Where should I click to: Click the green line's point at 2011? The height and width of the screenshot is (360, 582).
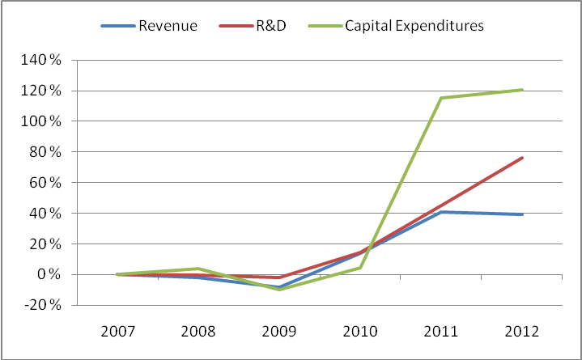click(x=442, y=98)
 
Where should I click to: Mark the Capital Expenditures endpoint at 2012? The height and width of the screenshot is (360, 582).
click(x=522, y=90)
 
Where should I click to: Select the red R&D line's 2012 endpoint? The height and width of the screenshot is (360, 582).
click(x=522, y=158)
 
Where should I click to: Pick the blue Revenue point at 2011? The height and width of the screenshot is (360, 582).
click(x=442, y=212)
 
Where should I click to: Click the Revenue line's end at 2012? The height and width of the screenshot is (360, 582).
click(x=522, y=214)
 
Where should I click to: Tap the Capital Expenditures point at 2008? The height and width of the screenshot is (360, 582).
click(x=199, y=269)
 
